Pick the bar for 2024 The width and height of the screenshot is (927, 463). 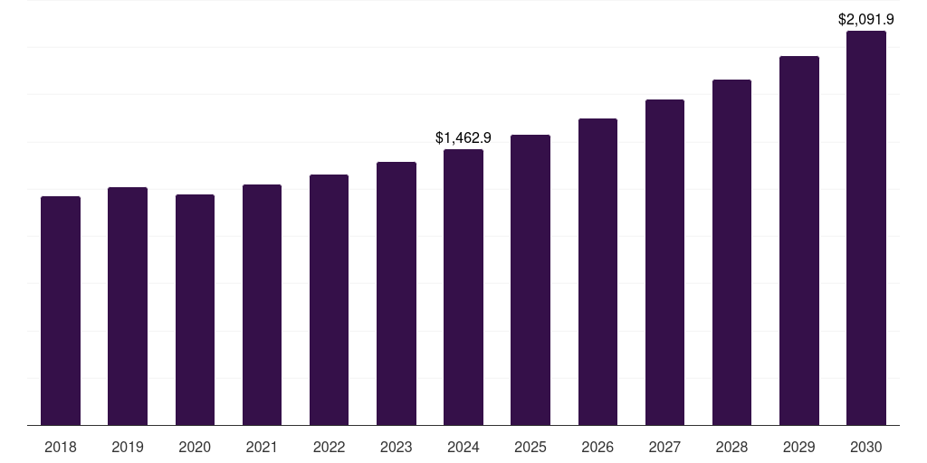(x=463, y=287)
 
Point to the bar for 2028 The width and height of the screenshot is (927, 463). (x=731, y=252)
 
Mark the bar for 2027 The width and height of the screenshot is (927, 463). (x=664, y=262)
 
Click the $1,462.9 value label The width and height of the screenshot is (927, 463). (x=463, y=138)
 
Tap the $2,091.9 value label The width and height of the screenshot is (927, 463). (x=865, y=19)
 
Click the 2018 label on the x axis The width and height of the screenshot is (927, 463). (x=61, y=447)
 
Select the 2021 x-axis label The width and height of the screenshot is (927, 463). (x=262, y=447)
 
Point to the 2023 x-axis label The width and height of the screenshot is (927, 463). (x=396, y=447)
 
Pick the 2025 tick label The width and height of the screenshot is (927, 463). (x=530, y=447)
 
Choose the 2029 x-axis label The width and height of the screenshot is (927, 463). (x=798, y=447)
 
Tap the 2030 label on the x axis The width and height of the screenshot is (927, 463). (x=865, y=447)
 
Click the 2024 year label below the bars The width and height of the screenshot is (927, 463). (x=463, y=447)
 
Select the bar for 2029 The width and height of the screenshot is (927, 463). (x=798, y=241)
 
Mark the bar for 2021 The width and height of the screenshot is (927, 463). (x=262, y=305)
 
